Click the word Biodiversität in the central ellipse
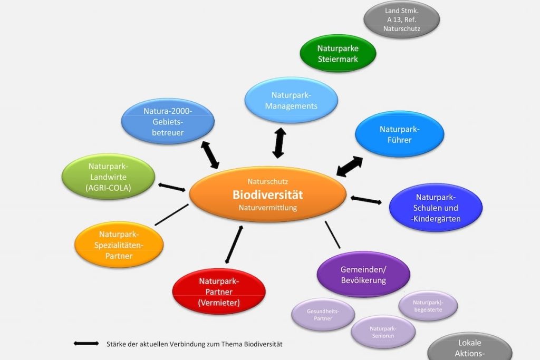click(x=268, y=194)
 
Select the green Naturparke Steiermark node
click(x=337, y=54)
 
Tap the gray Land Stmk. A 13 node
click(x=401, y=20)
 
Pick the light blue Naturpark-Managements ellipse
click(x=291, y=100)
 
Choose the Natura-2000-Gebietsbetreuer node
click(x=168, y=122)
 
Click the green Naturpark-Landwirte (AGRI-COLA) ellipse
click(x=109, y=177)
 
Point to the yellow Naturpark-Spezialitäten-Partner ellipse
click(x=119, y=245)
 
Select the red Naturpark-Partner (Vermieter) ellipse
click(x=219, y=291)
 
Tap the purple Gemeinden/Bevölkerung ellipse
click(x=363, y=274)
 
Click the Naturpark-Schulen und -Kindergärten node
click(x=436, y=208)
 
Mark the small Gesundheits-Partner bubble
click(x=323, y=315)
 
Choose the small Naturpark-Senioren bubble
click(x=383, y=332)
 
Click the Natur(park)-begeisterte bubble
click(x=428, y=306)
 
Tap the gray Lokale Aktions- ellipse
click(x=469, y=348)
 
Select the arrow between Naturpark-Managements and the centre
click(x=279, y=143)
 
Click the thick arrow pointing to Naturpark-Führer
click(x=350, y=167)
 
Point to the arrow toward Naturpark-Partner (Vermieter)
click(x=234, y=244)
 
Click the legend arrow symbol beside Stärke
click(x=86, y=344)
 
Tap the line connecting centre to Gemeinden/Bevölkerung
click(x=333, y=235)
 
